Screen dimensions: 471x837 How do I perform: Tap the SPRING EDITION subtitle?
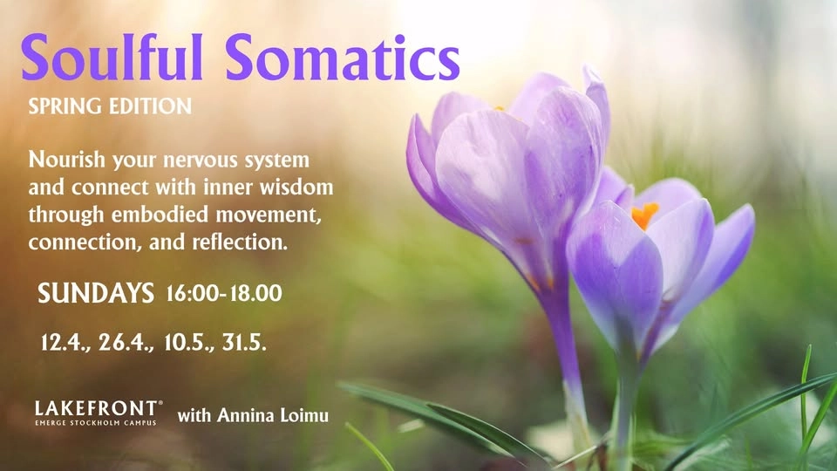110,107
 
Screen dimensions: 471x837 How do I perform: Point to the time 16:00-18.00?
223,294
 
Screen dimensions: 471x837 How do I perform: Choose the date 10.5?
189,342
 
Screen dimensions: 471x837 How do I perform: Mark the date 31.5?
243,342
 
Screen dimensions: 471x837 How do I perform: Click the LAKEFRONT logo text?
98,407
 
